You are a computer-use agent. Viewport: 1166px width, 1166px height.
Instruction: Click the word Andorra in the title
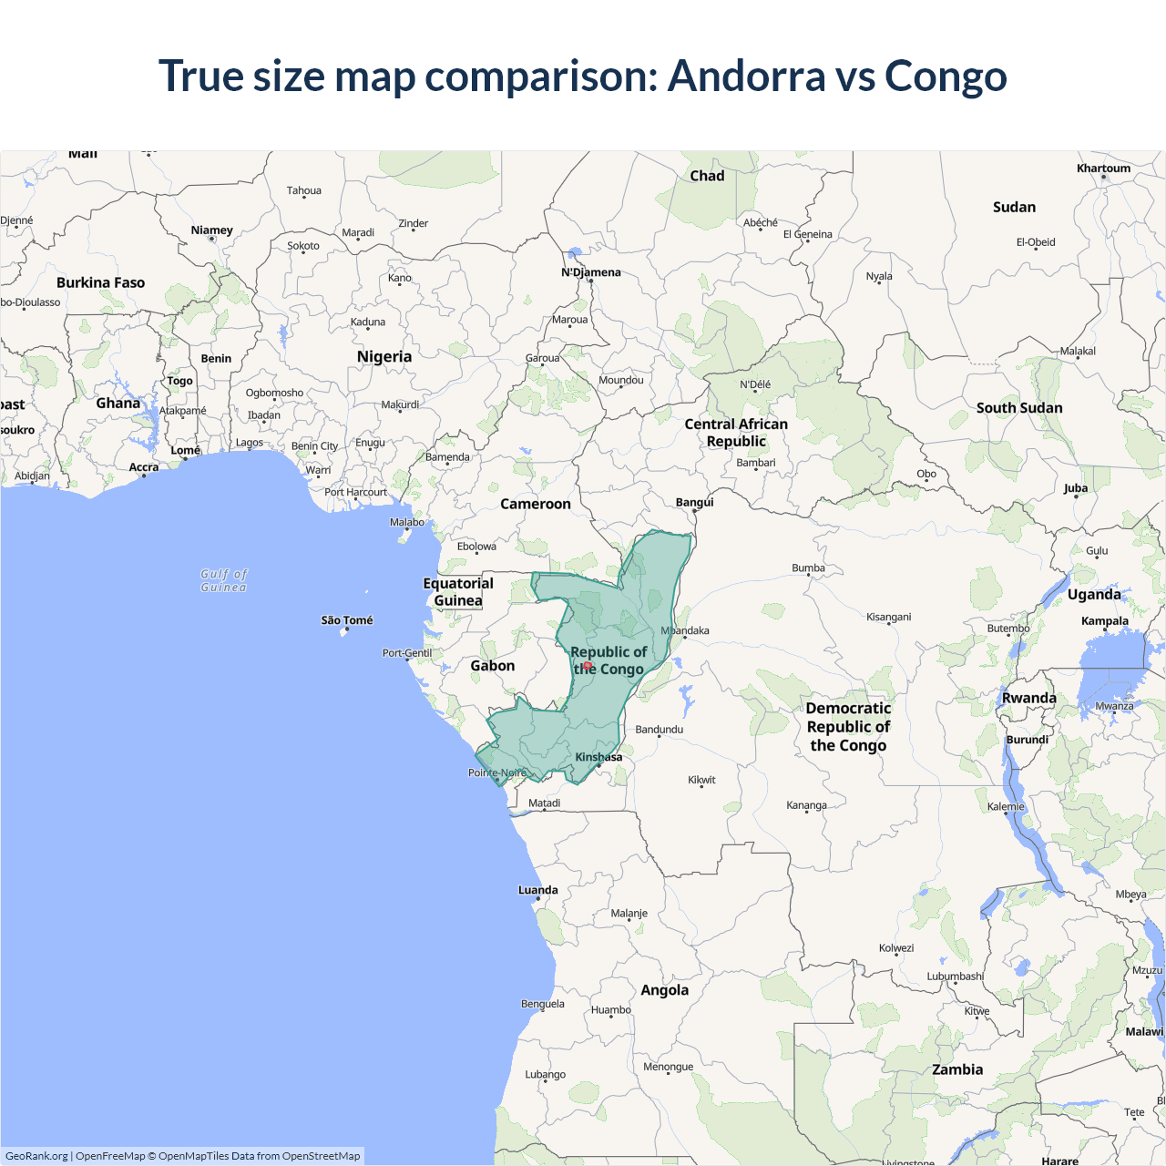coord(747,76)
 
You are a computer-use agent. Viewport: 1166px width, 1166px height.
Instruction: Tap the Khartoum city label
coord(1103,169)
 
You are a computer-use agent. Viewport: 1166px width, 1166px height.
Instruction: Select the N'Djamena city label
coord(591,272)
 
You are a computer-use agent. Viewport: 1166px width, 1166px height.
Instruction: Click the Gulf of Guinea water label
coord(224,580)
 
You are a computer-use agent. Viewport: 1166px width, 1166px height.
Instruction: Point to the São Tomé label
coord(347,620)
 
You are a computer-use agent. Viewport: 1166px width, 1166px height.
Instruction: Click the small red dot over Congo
coord(588,666)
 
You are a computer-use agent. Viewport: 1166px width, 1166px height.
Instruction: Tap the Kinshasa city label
coord(598,757)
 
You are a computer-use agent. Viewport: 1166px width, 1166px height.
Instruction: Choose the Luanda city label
coord(538,890)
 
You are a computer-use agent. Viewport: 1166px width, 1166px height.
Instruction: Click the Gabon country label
coord(493,666)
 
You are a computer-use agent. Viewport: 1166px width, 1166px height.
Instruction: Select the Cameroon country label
coord(536,504)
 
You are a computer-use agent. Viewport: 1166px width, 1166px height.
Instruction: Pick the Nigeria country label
coord(384,357)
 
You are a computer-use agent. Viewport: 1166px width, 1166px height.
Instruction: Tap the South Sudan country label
coord(1019,408)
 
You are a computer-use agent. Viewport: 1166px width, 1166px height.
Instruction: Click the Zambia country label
coord(957,1069)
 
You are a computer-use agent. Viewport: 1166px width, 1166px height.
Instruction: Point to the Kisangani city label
coord(889,617)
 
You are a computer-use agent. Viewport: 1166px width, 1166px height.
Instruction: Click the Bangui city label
coord(695,502)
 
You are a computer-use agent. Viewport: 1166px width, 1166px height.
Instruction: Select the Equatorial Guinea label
coord(458,592)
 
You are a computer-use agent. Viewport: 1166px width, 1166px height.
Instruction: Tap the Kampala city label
coord(1105,621)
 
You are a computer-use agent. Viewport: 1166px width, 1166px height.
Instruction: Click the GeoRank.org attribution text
coord(36,1156)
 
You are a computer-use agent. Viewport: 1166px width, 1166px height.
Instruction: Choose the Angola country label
coord(665,990)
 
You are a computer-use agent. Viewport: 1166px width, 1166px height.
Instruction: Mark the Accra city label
coord(144,467)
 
